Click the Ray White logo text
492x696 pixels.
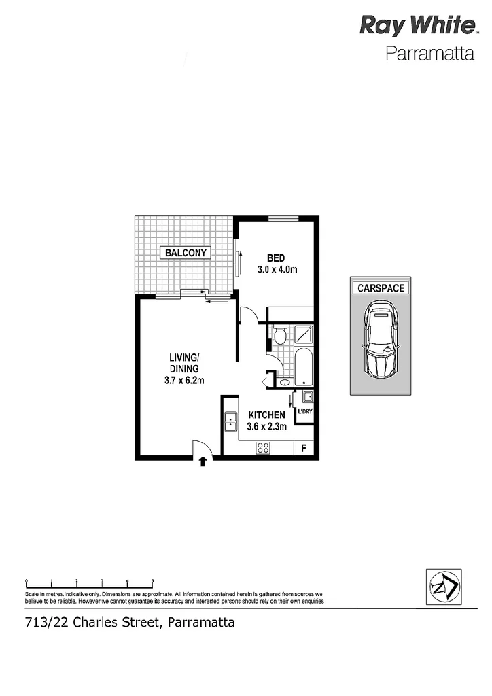(x=417, y=27)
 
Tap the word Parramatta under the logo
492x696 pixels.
(x=429, y=54)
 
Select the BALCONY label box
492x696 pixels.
(x=185, y=253)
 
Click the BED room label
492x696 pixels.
(x=275, y=258)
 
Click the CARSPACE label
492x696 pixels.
(x=381, y=288)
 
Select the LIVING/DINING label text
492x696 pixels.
(x=183, y=363)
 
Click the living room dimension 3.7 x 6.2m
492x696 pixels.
(x=183, y=381)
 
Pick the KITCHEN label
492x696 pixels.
(x=266, y=415)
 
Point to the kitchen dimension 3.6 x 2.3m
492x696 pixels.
(x=266, y=427)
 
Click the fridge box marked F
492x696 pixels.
(x=303, y=448)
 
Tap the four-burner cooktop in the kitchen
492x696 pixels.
(x=263, y=448)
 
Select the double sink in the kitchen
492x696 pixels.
(x=230, y=422)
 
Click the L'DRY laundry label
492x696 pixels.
(x=304, y=412)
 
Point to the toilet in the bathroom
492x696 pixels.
(x=279, y=335)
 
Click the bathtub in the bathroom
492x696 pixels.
(x=304, y=367)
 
